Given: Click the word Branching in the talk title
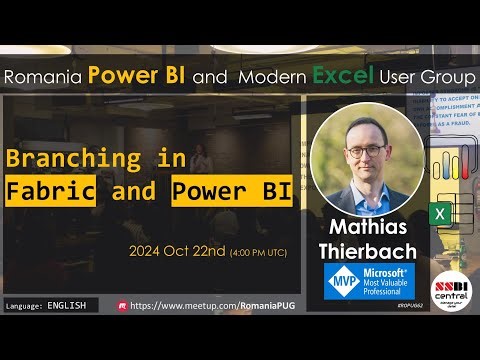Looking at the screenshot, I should point(73,159).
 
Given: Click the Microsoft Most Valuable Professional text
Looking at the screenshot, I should point(382,281).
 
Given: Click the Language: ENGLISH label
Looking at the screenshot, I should point(46,304).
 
